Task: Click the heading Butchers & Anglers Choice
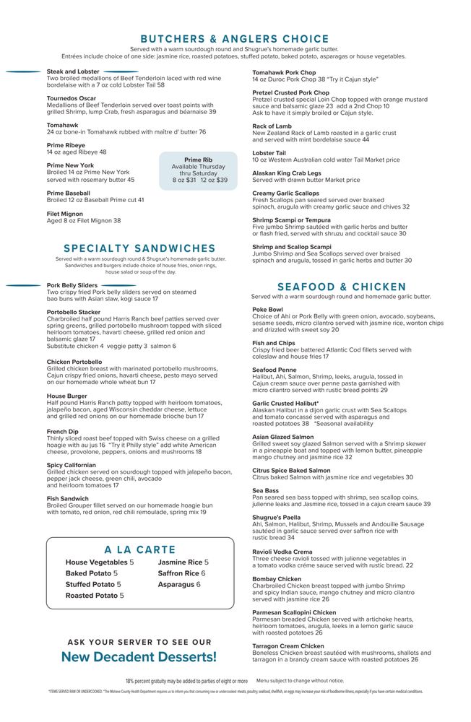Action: (235, 39)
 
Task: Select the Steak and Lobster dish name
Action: (73, 71)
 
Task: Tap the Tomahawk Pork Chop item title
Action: (284, 72)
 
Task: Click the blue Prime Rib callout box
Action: (199, 170)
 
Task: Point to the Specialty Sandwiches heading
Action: (139, 248)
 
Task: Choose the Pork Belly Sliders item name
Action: (72, 285)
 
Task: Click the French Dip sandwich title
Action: (62, 432)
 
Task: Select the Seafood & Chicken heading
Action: (342, 287)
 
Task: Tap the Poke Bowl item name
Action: (267, 310)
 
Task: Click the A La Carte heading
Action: (140, 549)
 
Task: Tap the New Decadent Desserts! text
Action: (139, 657)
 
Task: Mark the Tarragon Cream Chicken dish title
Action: (288, 646)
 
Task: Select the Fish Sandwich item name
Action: (69, 498)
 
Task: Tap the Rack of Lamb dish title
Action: (272, 126)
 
